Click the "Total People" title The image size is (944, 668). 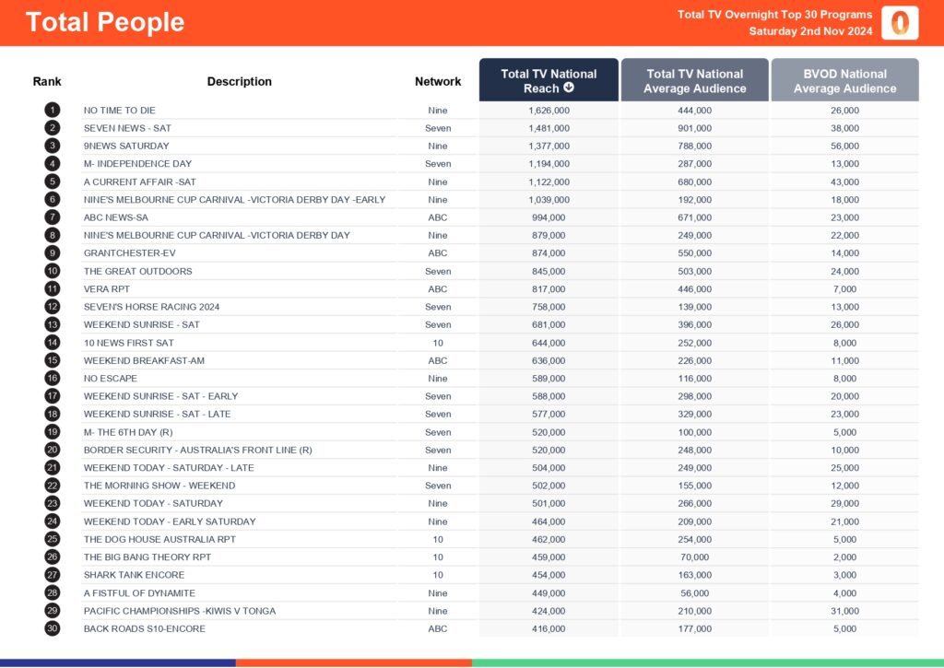click(105, 23)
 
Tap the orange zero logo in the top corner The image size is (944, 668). click(900, 23)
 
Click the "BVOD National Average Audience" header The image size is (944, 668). click(844, 81)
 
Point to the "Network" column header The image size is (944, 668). click(438, 81)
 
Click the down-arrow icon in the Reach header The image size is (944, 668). click(569, 88)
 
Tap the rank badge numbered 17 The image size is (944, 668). click(52, 396)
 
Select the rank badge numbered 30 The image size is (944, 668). click(52, 628)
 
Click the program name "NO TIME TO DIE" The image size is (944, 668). click(120, 111)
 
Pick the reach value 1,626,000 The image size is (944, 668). click(549, 111)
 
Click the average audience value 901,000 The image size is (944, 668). click(694, 128)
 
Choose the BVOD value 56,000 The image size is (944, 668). click(844, 146)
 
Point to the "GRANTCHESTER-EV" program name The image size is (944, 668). click(129, 253)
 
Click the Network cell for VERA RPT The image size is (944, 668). click(438, 289)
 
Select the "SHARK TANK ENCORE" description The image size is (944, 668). click(134, 575)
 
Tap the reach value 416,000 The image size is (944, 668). click(549, 628)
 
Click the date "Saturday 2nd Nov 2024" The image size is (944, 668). click(810, 31)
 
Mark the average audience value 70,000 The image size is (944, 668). click(694, 557)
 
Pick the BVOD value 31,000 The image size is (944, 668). click(844, 611)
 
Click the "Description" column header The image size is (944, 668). click(240, 81)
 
